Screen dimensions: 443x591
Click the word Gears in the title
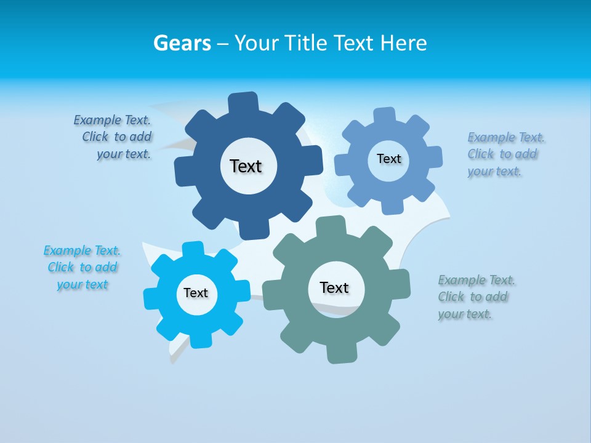pos(182,43)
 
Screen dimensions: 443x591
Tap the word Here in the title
pos(403,43)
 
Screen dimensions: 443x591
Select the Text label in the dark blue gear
pos(246,166)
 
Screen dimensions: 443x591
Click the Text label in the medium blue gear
pos(388,159)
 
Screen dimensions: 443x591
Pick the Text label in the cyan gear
pos(196,293)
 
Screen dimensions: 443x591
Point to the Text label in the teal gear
pos(334,287)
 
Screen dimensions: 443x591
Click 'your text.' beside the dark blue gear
pos(124,154)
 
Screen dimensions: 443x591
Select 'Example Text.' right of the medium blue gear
pos(506,137)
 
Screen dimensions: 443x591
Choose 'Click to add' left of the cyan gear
pos(82,268)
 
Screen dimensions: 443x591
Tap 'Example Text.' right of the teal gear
pos(476,281)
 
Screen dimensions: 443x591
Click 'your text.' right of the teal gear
pos(465,314)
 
